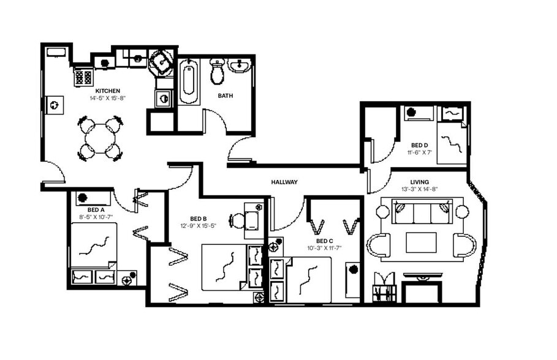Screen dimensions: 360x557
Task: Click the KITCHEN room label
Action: coord(107,91)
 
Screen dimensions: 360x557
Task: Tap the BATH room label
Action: coord(225,96)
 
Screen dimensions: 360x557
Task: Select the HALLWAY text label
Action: coord(284,182)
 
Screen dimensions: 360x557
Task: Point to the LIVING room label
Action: coord(420,182)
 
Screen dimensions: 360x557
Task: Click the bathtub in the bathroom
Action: coord(188,81)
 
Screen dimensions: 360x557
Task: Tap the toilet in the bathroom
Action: coord(217,72)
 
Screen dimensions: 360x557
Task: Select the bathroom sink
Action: coord(240,66)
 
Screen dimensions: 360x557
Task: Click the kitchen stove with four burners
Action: coord(83,77)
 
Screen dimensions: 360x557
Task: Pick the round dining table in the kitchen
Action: coord(98,140)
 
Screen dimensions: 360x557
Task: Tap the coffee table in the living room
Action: coord(421,242)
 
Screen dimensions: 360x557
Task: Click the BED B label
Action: coord(198,219)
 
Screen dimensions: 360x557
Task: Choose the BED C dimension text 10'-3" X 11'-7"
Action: coord(324,248)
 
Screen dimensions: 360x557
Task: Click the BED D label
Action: coord(419,145)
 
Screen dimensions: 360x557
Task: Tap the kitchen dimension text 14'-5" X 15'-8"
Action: coord(107,98)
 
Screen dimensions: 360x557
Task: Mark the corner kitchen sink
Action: coord(162,62)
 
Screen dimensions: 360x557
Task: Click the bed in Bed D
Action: coord(453,143)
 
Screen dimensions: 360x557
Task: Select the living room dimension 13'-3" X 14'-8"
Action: coord(420,189)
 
